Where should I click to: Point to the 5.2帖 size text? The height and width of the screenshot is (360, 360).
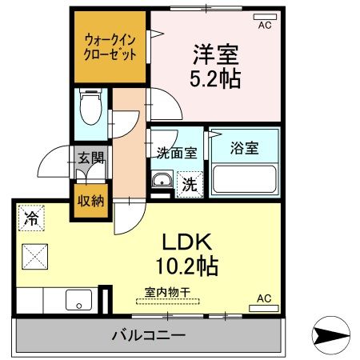[215, 78]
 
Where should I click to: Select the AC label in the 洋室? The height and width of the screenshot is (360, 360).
[264, 25]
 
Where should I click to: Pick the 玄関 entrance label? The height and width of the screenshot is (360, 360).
[90, 157]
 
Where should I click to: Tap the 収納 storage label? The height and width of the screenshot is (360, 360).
[90, 200]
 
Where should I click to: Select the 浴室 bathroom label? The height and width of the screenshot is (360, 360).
[243, 147]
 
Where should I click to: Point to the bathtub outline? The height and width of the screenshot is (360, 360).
[243, 178]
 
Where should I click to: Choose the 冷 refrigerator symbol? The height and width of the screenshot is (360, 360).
[30, 216]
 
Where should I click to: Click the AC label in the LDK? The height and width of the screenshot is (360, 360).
[264, 298]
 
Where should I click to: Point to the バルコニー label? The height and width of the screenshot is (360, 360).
[148, 335]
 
